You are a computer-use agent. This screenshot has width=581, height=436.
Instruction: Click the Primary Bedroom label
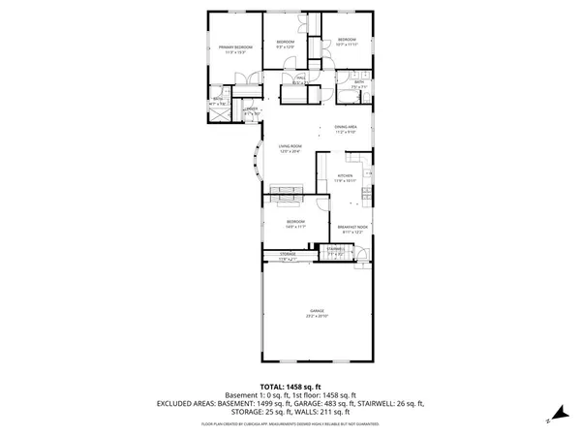click(234, 47)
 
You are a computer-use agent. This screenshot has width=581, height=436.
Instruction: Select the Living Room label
click(290, 146)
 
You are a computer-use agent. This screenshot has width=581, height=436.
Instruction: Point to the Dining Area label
click(347, 127)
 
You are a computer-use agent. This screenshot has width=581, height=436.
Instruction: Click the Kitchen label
click(346, 176)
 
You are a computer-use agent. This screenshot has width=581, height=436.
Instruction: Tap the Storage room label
click(289, 255)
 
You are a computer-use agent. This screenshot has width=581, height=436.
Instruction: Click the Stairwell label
click(336, 250)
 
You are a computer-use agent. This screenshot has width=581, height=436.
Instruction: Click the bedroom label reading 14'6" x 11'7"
click(295, 222)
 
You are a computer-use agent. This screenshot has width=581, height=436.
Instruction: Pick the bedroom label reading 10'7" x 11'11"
click(347, 41)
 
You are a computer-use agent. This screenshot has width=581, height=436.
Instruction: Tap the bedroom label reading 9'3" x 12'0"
click(285, 43)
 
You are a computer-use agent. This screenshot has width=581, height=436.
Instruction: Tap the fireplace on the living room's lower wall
click(288, 194)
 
